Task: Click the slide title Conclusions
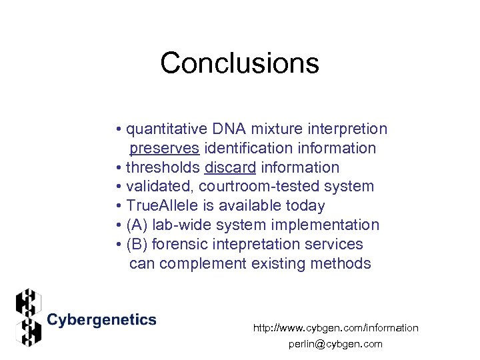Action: [239, 63]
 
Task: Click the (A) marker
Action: [137, 225]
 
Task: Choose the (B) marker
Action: [137, 244]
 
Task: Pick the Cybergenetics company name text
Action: [101, 320]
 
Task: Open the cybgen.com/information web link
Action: [335, 327]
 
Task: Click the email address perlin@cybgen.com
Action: [335, 344]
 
